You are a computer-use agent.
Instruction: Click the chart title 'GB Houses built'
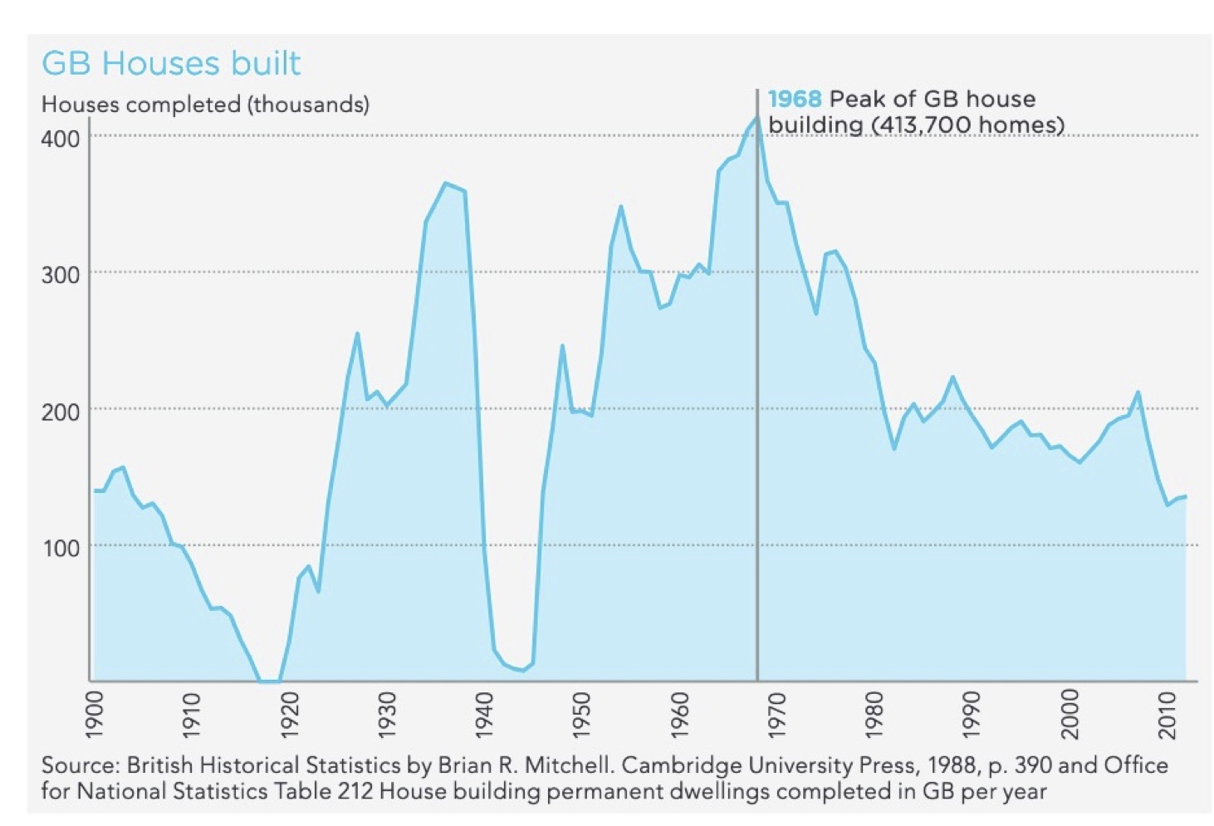(171, 64)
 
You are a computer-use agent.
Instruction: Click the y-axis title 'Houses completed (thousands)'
(205, 105)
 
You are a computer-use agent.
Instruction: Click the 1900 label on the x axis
(94, 713)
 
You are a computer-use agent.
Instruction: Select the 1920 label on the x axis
(289, 713)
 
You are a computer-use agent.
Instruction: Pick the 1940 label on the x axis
(484, 713)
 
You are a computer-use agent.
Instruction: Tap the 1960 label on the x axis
(679, 713)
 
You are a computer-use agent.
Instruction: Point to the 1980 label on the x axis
(874, 713)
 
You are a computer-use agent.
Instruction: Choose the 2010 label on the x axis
(1168, 713)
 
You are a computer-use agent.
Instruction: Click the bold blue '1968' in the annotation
(794, 100)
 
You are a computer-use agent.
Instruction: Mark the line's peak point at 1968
(756, 117)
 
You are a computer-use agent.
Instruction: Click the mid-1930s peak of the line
(446, 183)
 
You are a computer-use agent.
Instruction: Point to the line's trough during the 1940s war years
(522, 670)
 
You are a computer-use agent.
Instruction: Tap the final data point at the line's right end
(1185, 496)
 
